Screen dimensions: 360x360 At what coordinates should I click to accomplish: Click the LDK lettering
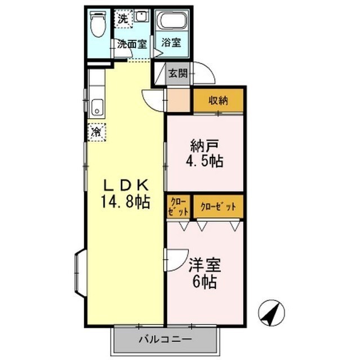pos(125,185)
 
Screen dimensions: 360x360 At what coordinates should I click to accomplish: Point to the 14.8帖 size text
pos(125,202)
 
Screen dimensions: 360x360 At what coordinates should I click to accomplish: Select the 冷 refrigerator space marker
pos(97,132)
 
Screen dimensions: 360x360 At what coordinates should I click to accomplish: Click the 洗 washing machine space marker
pos(123,17)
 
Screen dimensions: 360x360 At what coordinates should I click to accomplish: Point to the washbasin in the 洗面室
pos(142,19)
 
